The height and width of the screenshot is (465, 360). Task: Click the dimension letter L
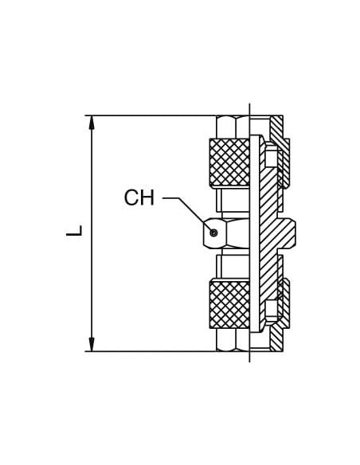pyautogui.click(x=74, y=231)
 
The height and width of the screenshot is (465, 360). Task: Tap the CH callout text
pyautogui.click(x=139, y=197)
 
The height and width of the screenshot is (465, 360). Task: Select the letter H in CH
pyautogui.click(x=147, y=197)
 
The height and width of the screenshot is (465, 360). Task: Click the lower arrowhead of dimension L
pyautogui.click(x=92, y=344)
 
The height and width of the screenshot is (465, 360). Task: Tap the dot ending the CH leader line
pyautogui.click(x=213, y=232)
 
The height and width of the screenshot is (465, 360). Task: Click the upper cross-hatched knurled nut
pyautogui.click(x=229, y=162)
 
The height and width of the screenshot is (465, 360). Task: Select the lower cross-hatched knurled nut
pyautogui.click(x=229, y=304)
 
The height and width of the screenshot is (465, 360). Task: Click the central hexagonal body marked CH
pyautogui.click(x=226, y=233)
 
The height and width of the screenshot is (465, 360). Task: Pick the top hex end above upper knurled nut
pyautogui.click(x=233, y=127)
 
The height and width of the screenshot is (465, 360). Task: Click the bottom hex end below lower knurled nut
pyautogui.click(x=233, y=340)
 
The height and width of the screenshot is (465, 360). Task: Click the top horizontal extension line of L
pyautogui.click(x=151, y=115)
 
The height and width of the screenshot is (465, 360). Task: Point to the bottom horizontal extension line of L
pyautogui.click(x=151, y=351)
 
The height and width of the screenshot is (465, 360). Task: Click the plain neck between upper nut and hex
pyautogui.click(x=233, y=201)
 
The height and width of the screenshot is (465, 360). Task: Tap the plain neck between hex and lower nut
pyautogui.click(x=233, y=266)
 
